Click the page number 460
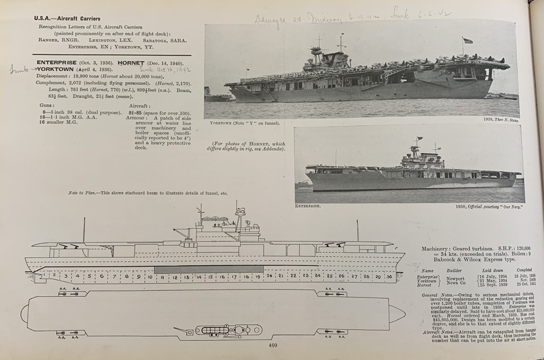pos(273,344)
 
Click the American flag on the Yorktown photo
pos(467,40)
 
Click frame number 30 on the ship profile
pos(389,276)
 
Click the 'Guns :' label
pos(47,105)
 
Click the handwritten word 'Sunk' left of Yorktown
pos(20,69)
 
